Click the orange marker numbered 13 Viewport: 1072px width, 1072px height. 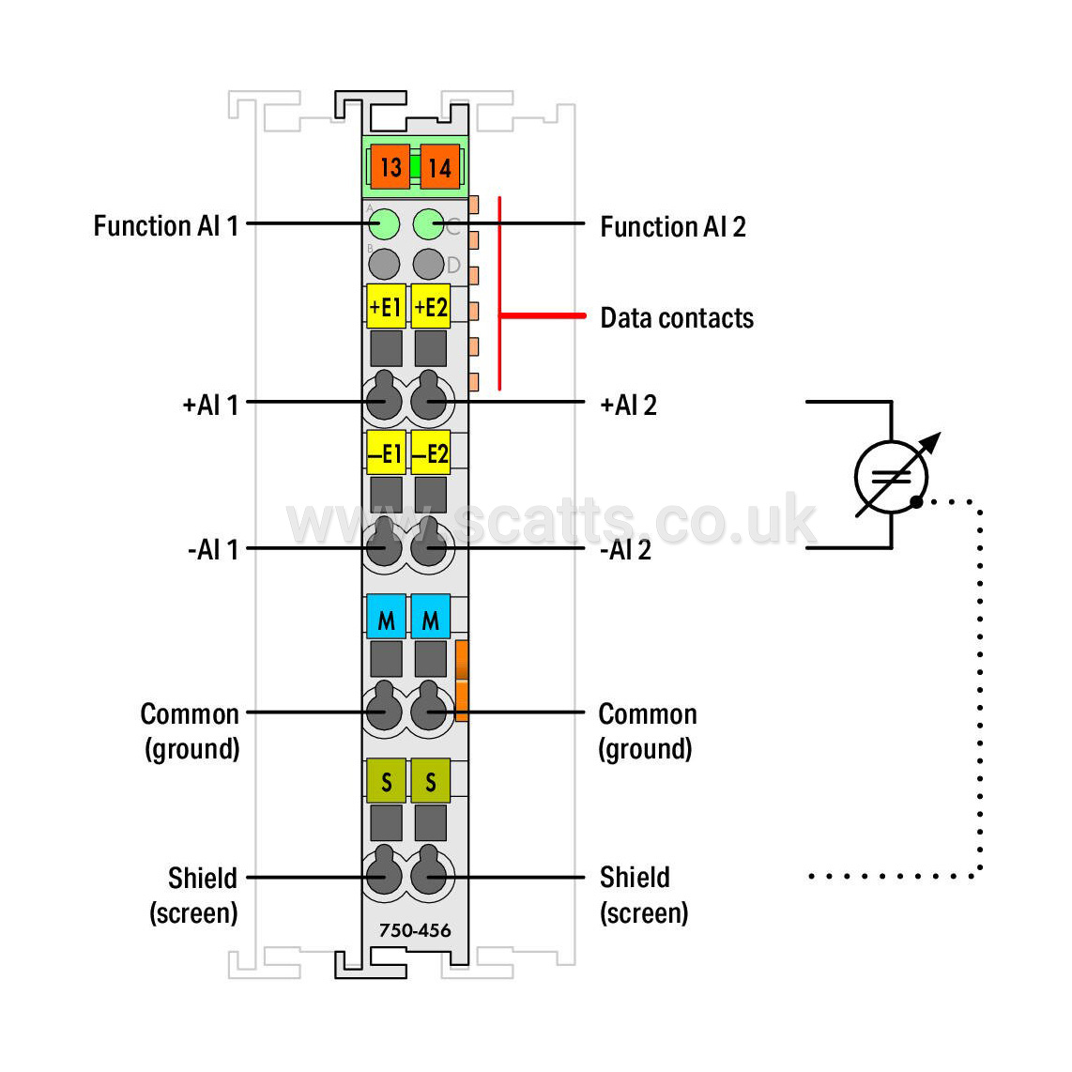391,167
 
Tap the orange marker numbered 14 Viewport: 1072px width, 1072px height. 439,167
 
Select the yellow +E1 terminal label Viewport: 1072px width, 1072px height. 386,306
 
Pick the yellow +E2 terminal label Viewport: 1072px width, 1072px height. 431,306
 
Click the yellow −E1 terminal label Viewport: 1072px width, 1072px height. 386,452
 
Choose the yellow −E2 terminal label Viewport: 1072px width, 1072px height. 431,452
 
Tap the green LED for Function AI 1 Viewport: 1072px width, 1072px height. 384,224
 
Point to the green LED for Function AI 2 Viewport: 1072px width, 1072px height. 429,224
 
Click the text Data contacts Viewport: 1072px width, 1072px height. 677,318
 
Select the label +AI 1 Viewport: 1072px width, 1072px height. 210,405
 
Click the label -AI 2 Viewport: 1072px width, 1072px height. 625,550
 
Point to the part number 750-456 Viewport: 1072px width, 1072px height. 415,930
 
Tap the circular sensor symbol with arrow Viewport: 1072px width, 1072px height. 892,477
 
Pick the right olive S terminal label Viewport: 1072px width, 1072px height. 431,781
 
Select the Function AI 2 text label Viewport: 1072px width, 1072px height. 673,227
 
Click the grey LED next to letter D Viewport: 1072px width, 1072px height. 429,264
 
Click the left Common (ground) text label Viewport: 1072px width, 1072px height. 190,731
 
